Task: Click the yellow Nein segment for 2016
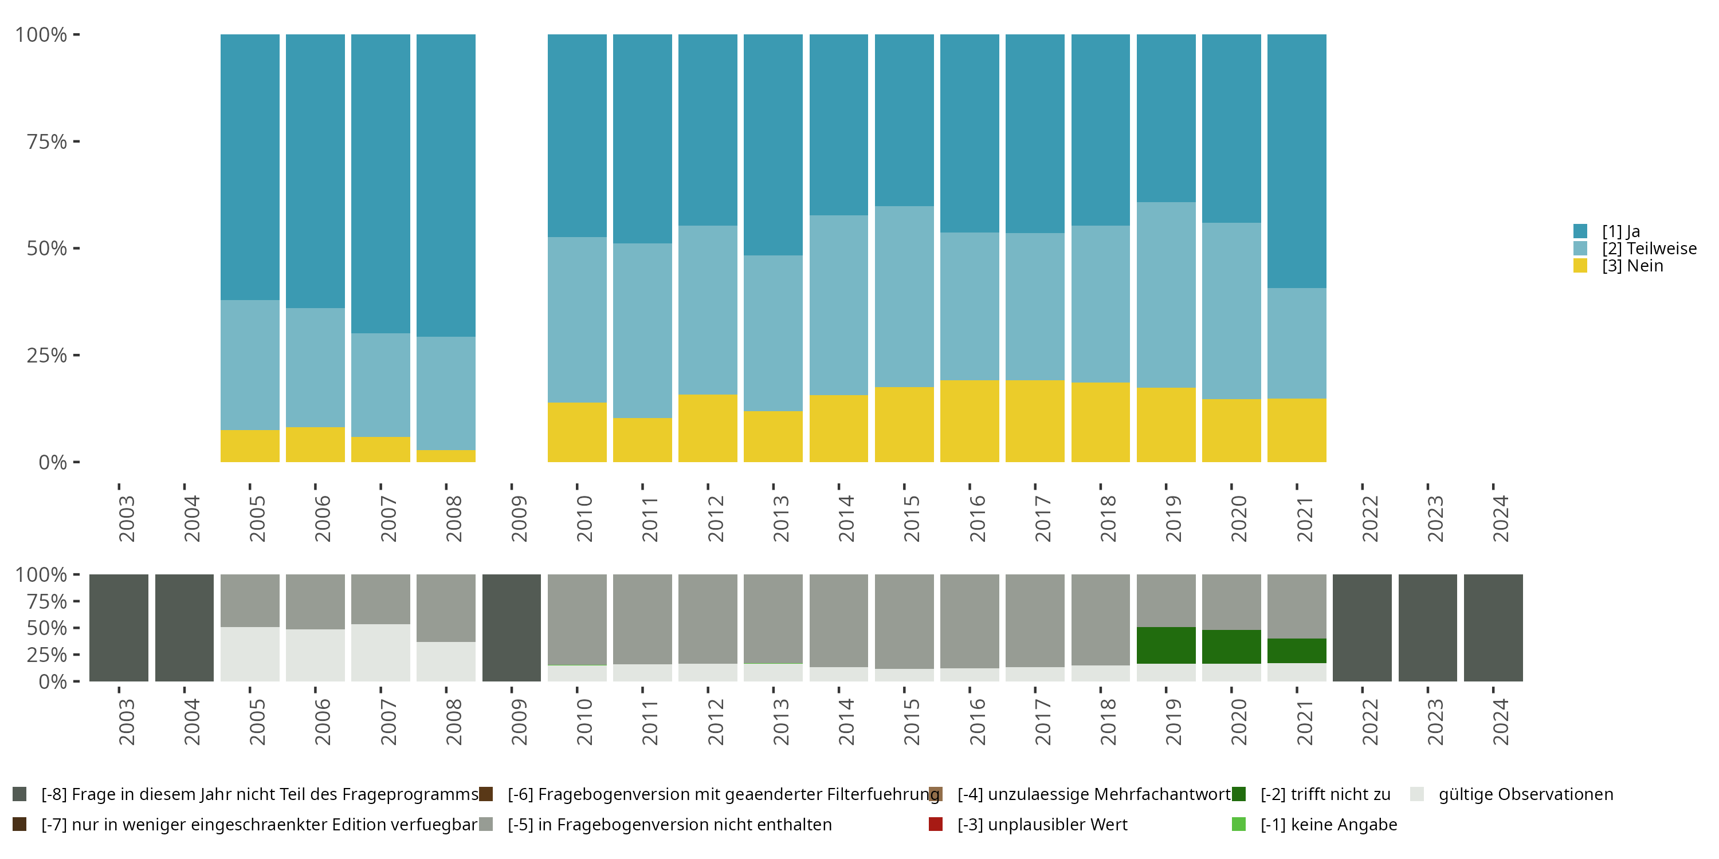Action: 970,421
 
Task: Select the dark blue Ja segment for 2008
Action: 446,186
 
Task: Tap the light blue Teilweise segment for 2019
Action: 1166,295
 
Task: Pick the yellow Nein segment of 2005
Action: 250,446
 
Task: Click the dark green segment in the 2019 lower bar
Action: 1166,645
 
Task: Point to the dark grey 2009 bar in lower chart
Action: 511,628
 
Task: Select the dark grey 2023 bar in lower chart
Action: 1427,628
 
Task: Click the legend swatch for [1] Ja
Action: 1580,231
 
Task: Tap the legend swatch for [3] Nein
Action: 1580,266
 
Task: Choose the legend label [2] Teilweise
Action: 1649,249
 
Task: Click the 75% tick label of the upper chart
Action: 47,141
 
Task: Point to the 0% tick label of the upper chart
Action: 53,462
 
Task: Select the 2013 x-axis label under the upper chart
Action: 781,519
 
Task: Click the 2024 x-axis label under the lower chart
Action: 1500,722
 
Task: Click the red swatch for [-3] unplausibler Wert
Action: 936,824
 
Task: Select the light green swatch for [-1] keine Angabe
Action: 1238,824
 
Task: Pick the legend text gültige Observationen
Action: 1525,794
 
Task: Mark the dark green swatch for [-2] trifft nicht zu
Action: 1238,794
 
